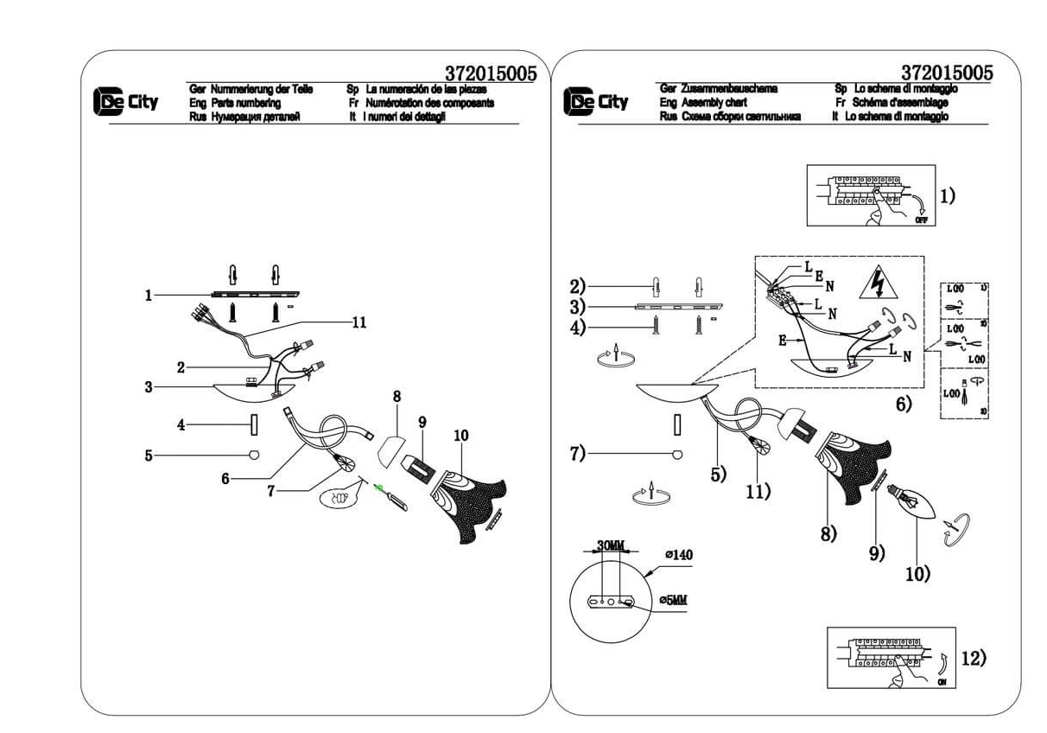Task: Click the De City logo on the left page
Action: (126, 102)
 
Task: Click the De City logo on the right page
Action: (596, 101)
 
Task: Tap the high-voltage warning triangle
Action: (878, 283)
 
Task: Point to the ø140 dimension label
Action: (678, 555)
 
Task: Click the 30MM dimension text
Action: (611, 546)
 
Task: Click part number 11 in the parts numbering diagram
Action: (359, 322)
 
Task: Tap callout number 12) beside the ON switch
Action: (974, 659)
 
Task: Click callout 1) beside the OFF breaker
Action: (948, 195)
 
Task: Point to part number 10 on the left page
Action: (460, 436)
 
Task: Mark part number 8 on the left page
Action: (397, 397)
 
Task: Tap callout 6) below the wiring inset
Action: (904, 404)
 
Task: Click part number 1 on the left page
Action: (149, 296)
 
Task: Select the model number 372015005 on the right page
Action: (947, 73)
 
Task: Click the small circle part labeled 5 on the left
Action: (254, 456)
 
